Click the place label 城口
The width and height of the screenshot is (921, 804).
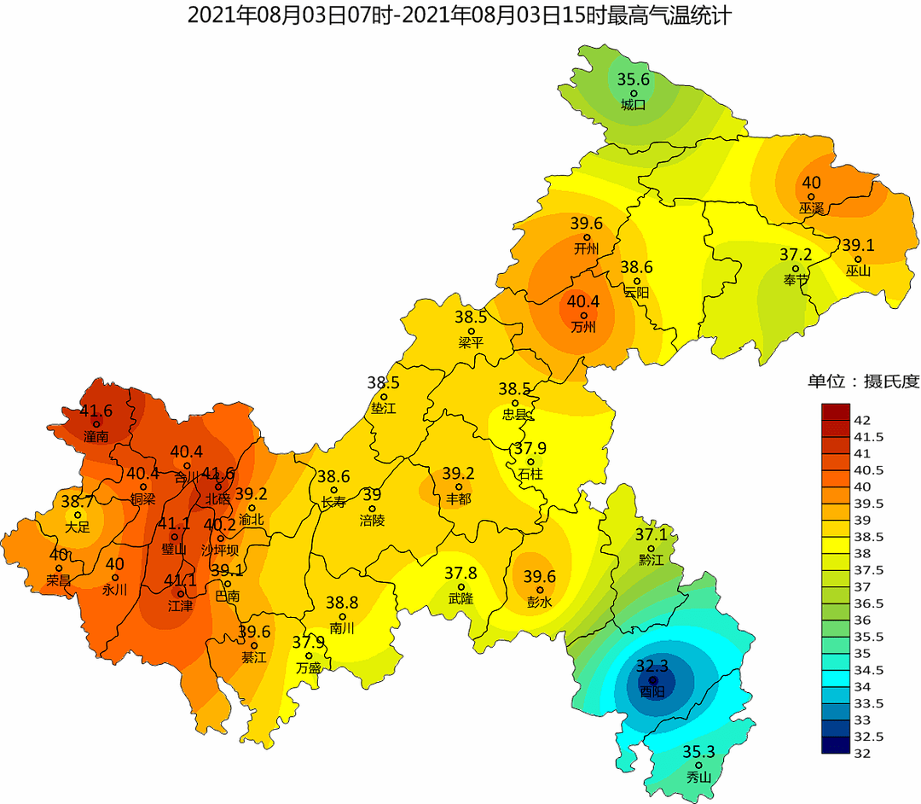tap(633, 105)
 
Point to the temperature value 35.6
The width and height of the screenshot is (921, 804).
tap(634, 80)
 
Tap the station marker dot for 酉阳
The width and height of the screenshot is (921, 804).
tap(652, 680)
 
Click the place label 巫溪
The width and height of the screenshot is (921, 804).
tap(811, 208)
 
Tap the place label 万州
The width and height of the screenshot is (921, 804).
tap(583, 327)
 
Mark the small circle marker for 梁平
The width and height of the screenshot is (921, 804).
tap(471, 331)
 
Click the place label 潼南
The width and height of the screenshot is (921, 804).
tap(96, 436)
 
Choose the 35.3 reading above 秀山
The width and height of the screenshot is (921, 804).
tap(698, 752)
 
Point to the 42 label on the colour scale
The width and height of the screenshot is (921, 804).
tap(860, 419)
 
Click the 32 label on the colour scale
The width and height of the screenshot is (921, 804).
tap(860, 753)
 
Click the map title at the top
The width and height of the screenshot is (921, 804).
tap(458, 15)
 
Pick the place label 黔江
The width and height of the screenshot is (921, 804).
tap(650, 561)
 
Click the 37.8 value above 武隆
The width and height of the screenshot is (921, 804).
tap(461, 574)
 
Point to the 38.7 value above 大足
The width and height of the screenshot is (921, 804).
tap(77, 502)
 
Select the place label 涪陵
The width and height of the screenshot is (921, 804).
tap(372, 520)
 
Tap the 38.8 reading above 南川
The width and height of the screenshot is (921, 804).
tap(341, 603)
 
